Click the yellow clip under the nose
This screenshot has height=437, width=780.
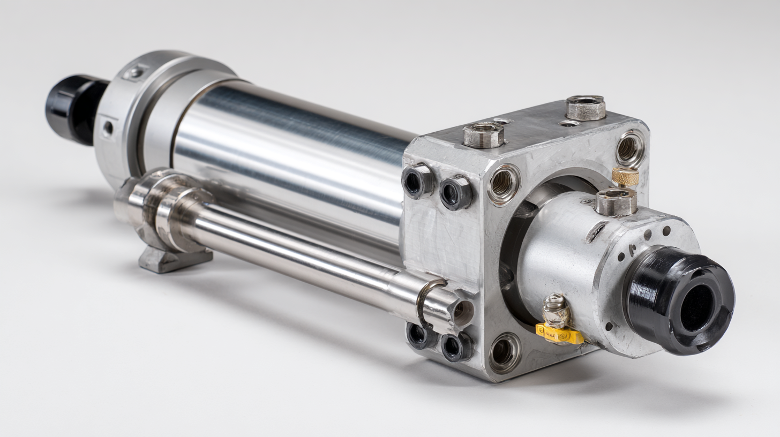[x=560, y=334]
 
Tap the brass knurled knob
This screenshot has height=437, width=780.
[x=625, y=176]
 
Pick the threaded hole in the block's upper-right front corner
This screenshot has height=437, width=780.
[x=630, y=148]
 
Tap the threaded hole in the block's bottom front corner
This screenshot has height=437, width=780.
[x=504, y=352]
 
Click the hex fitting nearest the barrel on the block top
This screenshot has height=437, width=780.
[x=483, y=134]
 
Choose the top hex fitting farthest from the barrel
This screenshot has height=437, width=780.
[x=586, y=107]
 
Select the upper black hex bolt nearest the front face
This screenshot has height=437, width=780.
[x=455, y=192]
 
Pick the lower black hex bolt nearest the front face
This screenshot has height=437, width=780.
[x=456, y=347]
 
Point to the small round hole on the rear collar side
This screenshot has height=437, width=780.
[x=108, y=128]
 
